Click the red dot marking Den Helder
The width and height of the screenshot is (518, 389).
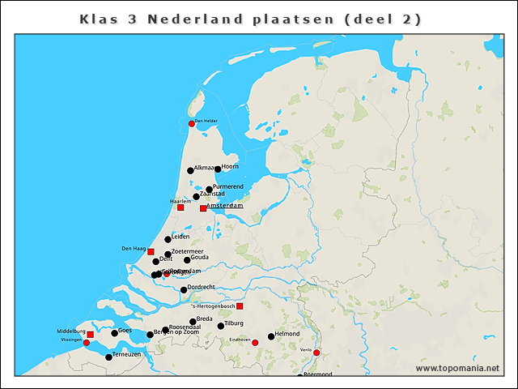192,123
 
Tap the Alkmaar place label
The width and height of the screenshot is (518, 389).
204,168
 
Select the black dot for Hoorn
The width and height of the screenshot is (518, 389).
218,169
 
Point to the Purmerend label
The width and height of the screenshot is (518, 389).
227,186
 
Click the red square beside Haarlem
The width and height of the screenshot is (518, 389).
180,207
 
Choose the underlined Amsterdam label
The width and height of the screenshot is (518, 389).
226,206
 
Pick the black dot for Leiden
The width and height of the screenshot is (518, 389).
168,239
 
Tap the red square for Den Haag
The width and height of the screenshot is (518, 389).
151,251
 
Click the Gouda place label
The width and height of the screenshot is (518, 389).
200,257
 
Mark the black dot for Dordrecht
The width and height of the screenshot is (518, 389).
184,289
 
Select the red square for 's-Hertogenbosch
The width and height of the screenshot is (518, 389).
240,306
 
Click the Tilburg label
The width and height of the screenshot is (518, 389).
234,323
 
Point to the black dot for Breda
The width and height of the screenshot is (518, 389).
193,322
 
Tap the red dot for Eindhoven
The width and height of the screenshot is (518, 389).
255,343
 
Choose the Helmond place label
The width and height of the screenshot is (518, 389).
287,334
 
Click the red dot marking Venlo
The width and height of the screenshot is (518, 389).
316,353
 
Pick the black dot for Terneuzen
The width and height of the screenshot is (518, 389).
109,357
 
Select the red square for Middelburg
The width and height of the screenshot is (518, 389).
90,334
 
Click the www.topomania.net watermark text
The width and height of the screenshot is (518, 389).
457,369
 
